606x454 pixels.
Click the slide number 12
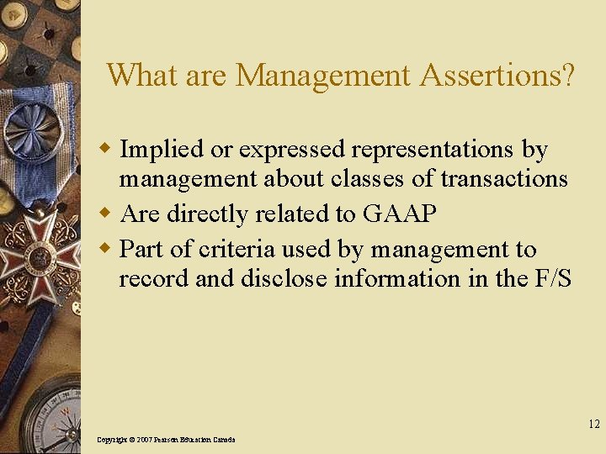tap(594, 425)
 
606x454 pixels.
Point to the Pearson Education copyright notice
tap(166, 440)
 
